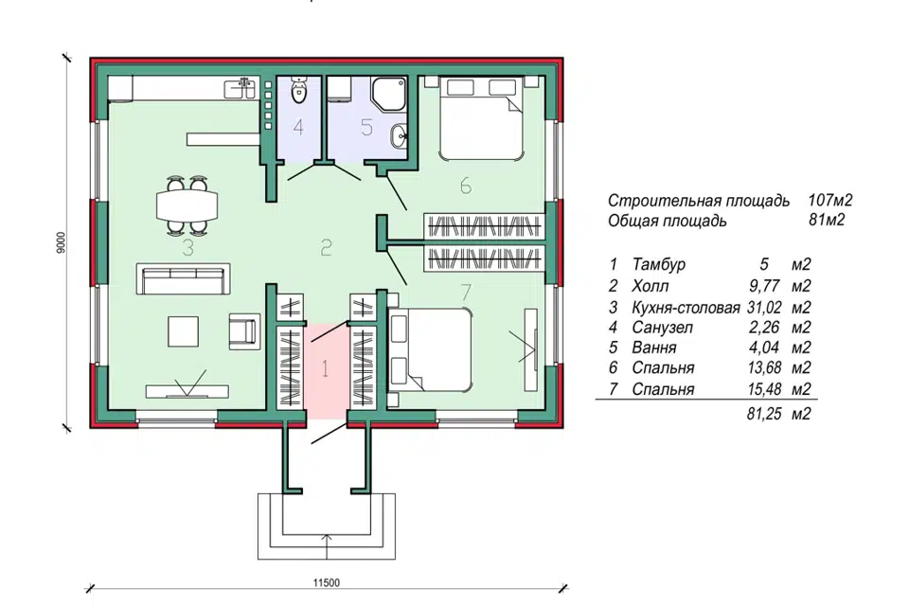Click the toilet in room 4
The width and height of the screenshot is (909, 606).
(298, 90)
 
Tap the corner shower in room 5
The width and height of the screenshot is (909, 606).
(388, 93)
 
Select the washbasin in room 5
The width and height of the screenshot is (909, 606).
(399, 136)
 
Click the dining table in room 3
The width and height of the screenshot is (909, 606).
(187, 205)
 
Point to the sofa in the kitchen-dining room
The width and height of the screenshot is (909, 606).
(183, 279)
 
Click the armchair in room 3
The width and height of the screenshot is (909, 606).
(244, 331)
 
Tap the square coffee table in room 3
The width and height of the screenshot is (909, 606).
(183, 331)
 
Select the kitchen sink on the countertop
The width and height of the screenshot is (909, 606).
(240, 89)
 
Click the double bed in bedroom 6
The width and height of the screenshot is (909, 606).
(482, 118)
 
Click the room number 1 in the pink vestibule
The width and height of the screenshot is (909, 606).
(325, 368)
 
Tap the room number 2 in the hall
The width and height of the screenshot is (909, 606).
(326, 248)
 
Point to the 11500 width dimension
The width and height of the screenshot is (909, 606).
(327, 583)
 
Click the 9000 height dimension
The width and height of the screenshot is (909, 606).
(62, 242)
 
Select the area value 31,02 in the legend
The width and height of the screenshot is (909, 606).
(764, 307)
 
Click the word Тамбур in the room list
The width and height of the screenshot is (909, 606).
(659, 264)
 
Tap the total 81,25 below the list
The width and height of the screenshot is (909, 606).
(764, 414)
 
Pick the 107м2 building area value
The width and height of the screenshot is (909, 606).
(830, 201)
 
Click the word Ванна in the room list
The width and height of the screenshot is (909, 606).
(654, 348)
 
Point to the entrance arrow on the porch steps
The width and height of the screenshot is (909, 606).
(327, 546)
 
